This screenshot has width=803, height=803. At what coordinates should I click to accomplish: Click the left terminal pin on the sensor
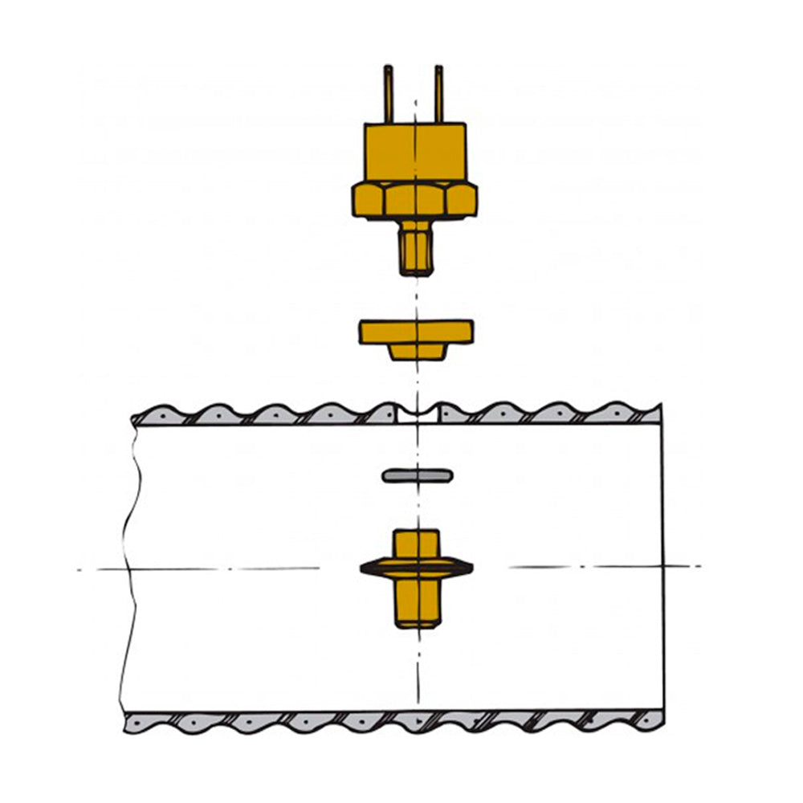tap(389, 94)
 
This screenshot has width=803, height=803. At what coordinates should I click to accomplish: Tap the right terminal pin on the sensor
tap(439, 94)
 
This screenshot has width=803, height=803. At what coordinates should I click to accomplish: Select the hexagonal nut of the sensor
tap(414, 199)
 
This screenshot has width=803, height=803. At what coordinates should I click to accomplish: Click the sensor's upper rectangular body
tap(414, 152)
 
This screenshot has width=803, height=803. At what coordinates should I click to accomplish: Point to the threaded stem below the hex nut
tap(416, 248)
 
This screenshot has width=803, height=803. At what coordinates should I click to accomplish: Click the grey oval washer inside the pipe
tap(417, 476)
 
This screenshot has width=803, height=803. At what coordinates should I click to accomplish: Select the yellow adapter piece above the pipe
tap(415, 337)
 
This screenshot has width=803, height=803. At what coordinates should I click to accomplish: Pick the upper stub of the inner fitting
tap(416, 544)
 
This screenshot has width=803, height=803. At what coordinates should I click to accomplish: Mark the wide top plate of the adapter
tap(415, 330)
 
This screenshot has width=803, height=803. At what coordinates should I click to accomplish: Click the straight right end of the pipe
tap(663, 562)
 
